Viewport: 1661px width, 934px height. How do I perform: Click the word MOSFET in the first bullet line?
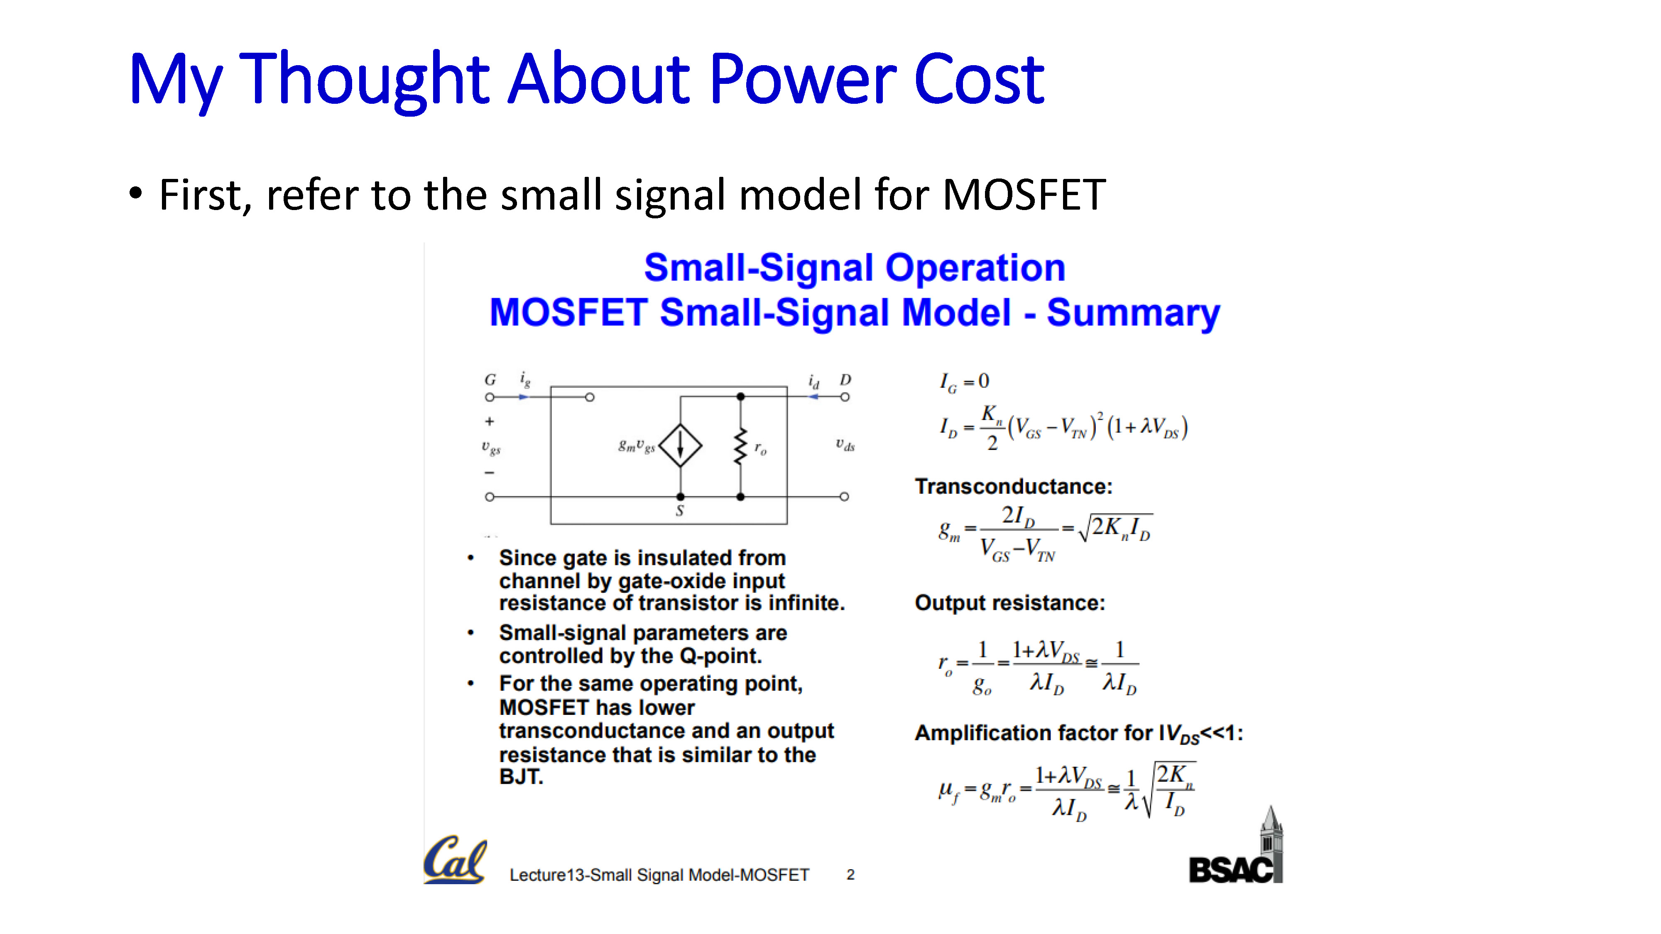click(1024, 195)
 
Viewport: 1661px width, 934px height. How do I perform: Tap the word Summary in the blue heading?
click(1133, 313)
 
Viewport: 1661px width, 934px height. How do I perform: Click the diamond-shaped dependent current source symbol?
click(680, 445)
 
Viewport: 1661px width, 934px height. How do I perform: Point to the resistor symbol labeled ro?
click(741, 445)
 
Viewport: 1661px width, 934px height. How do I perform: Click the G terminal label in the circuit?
click(490, 380)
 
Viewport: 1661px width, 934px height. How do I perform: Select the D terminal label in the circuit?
click(845, 380)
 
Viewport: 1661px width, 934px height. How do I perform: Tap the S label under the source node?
click(680, 511)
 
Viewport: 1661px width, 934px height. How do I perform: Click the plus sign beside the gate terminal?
click(490, 422)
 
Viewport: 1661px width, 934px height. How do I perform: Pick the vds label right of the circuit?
click(845, 445)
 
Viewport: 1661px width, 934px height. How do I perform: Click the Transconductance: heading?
click(1014, 487)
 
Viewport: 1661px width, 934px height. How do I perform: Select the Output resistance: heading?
click(1010, 603)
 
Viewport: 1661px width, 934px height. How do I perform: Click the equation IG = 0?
click(964, 381)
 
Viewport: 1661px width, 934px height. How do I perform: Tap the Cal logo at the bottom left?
click(455, 860)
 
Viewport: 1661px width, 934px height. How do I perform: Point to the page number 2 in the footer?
click(850, 875)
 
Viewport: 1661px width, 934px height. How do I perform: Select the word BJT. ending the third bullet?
click(521, 777)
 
